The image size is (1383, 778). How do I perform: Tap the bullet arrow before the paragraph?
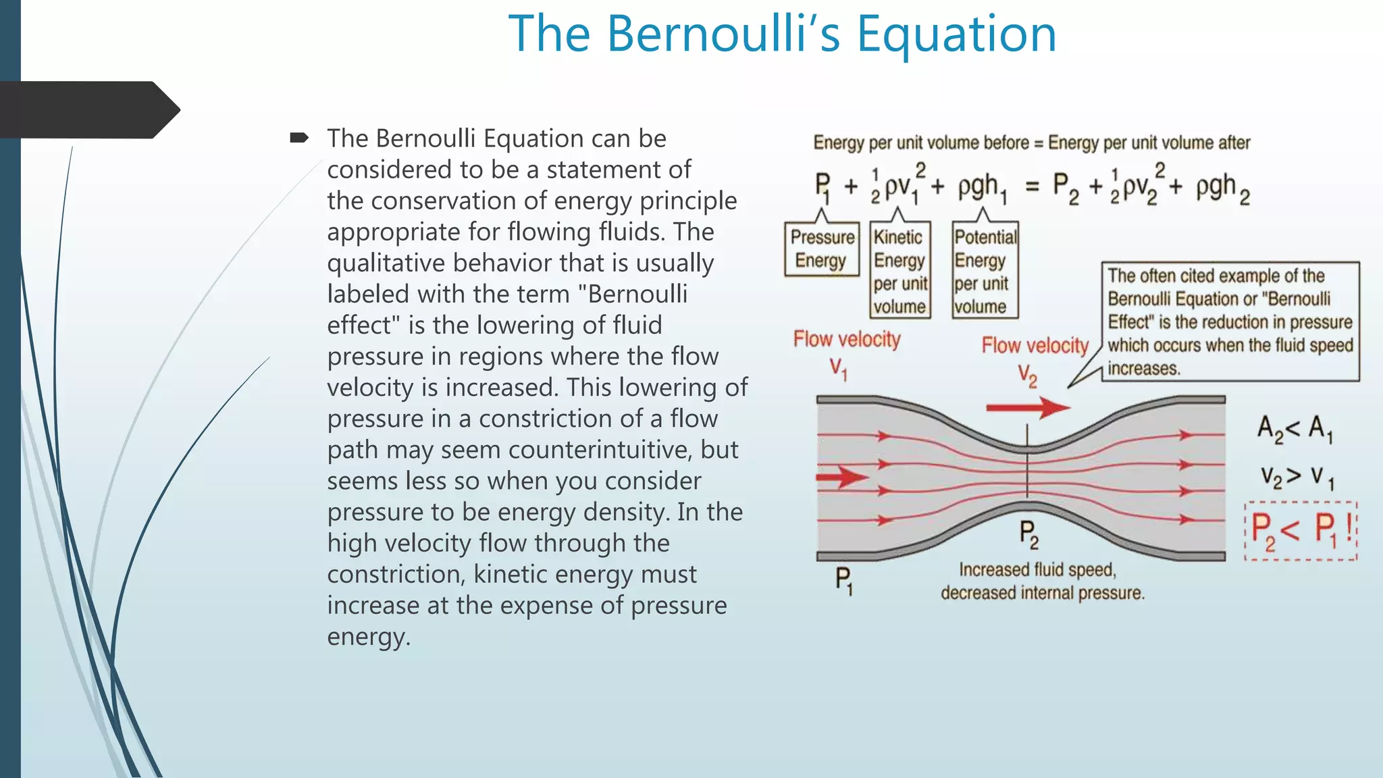(x=298, y=138)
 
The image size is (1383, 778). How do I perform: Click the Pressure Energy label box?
(x=821, y=249)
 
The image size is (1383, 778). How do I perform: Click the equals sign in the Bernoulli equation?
(x=1032, y=186)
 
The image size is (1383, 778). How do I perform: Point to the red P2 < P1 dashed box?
(x=1301, y=531)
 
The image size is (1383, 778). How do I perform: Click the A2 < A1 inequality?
(x=1294, y=429)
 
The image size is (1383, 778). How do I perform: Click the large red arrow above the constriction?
(x=1027, y=407)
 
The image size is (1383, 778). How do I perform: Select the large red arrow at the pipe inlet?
(x=841, y=477)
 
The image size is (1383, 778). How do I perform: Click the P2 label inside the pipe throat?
(x=1028, y=534)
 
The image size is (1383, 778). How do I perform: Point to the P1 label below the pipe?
(x=843, y=580)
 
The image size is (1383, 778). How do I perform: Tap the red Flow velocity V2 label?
(x=1035, y=358)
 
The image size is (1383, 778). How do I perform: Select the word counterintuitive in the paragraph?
(x=600, y=450)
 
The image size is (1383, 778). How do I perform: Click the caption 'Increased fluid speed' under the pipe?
(x=1037, y=570)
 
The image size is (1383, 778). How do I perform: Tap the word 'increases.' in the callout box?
(x=1144, y=369)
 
